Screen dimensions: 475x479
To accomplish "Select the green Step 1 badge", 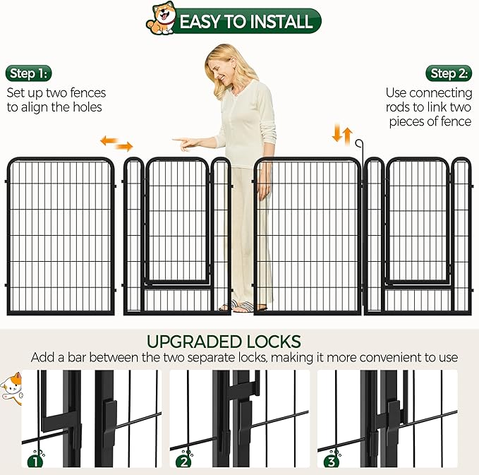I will click(29, 73).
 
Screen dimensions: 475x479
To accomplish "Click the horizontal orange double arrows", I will click(116, 143).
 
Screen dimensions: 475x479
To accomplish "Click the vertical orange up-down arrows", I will click(342, 133).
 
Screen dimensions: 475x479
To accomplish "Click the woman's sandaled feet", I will click(243, 306).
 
